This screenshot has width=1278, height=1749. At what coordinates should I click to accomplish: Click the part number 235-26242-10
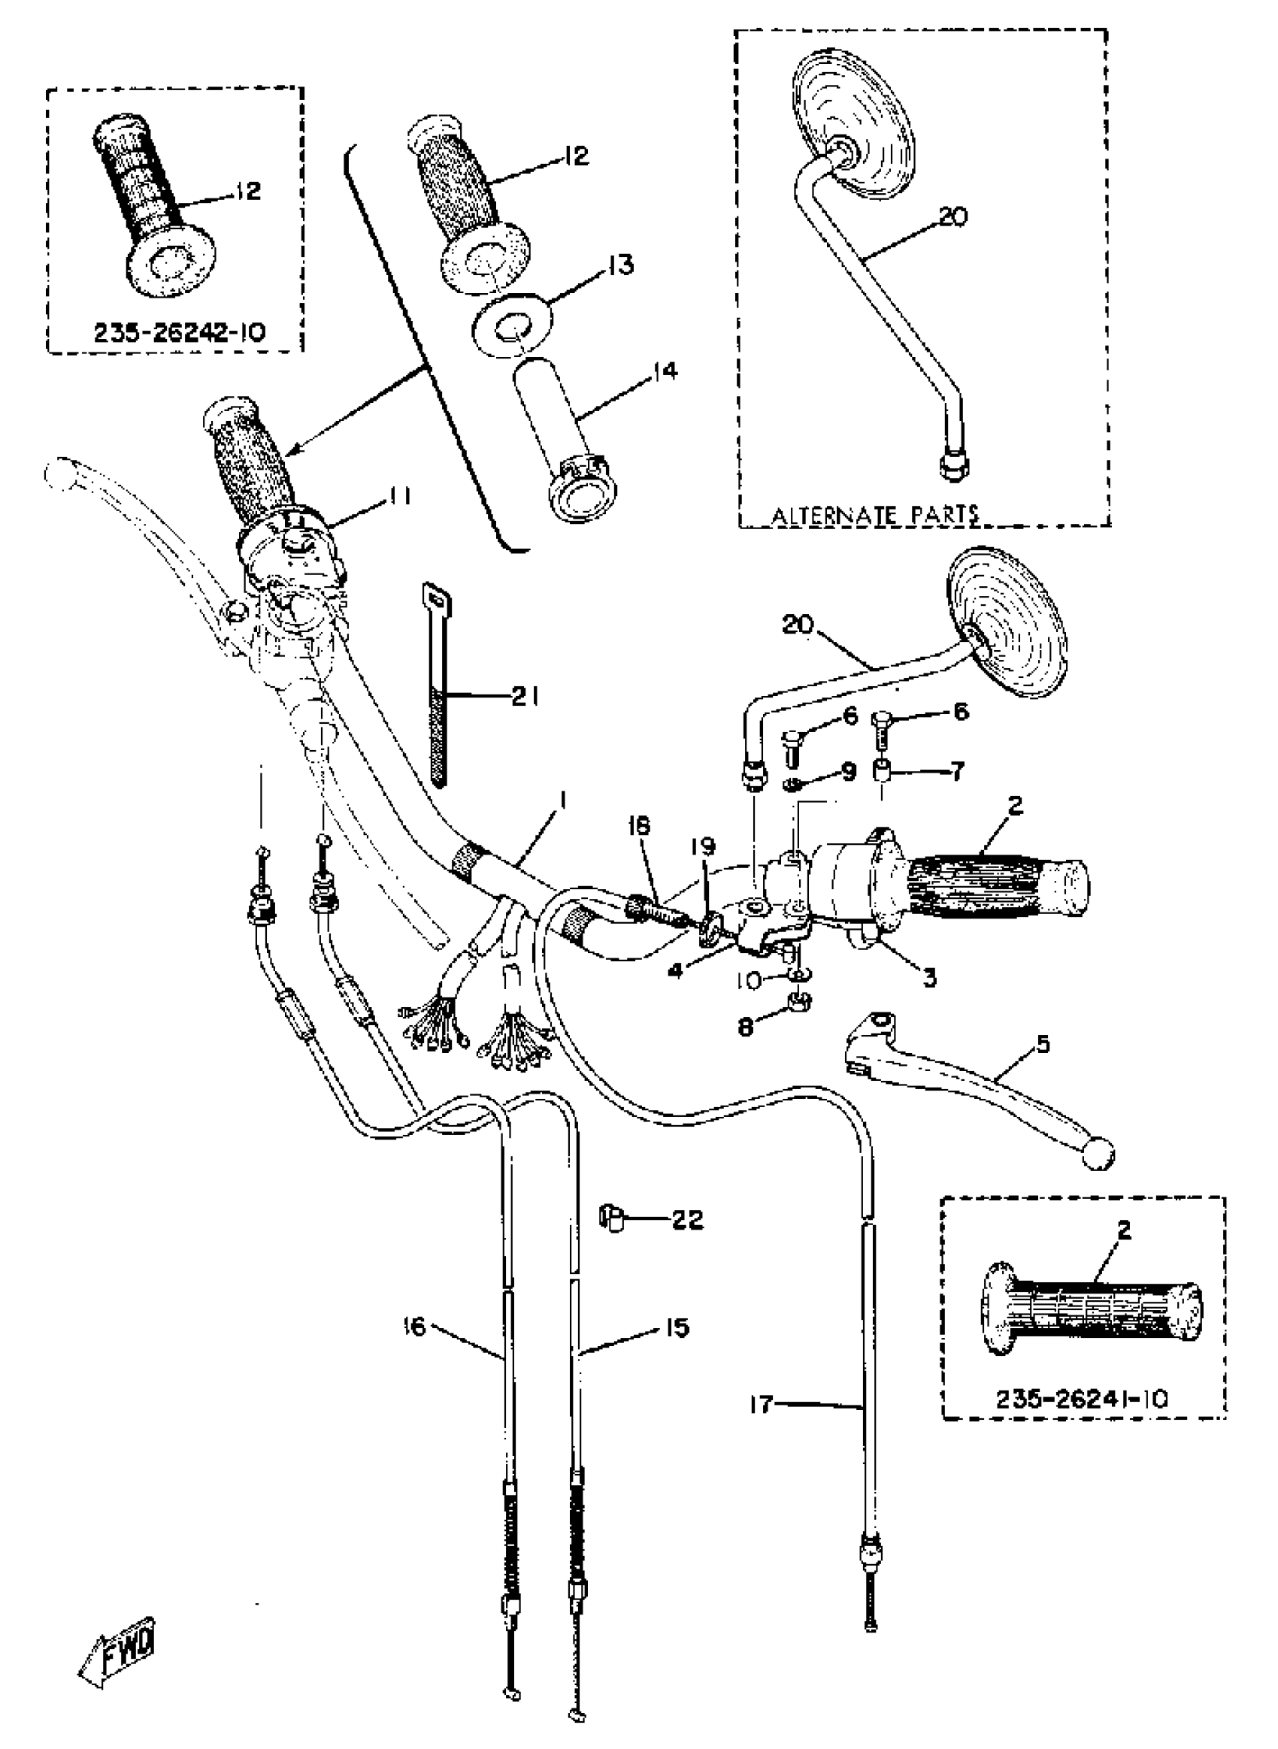(x=180, y=333)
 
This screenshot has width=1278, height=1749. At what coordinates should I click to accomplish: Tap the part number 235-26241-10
(x=1081, y=1398)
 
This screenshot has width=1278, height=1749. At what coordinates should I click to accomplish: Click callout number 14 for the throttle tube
(x=665, y=372)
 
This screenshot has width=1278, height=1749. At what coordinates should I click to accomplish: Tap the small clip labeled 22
(x=612, y=1220)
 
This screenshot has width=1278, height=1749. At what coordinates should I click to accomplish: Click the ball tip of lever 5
(x=1100, y=1156)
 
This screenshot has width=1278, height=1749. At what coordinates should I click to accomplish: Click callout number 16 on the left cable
(x=415, y=1327)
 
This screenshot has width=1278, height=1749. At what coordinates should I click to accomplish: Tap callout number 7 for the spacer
(x=957, y=771)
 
